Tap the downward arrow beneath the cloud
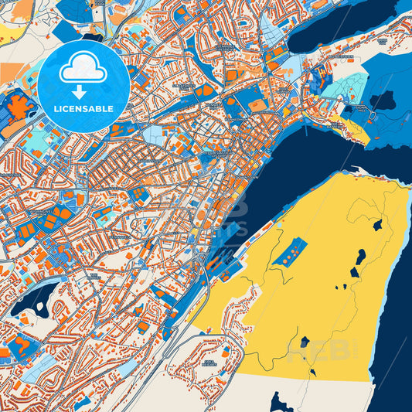point(83,92)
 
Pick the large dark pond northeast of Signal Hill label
point(382,100)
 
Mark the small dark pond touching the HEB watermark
point(305,341)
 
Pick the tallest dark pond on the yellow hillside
point(360,258)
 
